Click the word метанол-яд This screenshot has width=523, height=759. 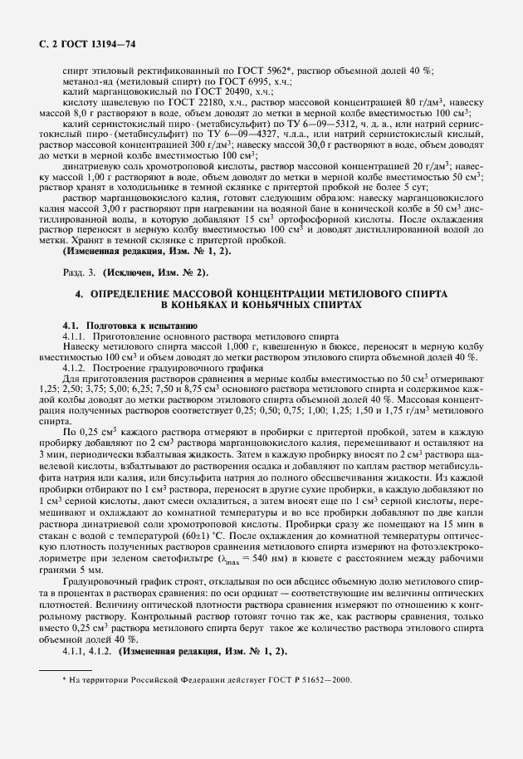[86, 82]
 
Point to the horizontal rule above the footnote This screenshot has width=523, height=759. [67, 668]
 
